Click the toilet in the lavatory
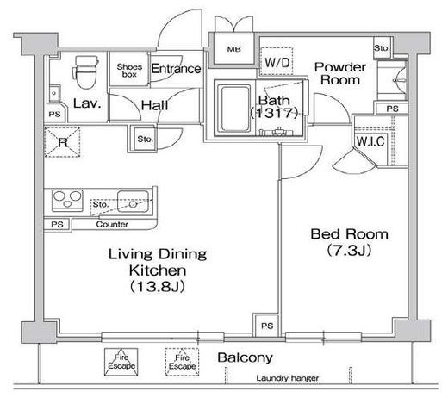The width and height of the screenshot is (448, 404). [x=85, y=72]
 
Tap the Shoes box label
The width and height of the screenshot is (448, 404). [x=129, y=71]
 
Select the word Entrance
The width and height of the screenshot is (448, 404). [x=176, y=69]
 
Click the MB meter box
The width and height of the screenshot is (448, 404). [x=234, y=49]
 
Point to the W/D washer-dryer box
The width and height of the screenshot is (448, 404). [x=277, y=62]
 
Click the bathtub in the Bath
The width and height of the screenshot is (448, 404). [x=235, y=109]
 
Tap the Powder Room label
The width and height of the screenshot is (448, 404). [x=340, y=73]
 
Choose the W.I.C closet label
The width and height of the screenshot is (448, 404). [x=370, y=141]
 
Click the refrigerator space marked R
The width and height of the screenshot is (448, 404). [x=62, y=142]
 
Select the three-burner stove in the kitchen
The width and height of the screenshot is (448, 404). [x=67, y=201]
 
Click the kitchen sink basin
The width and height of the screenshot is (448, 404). [x=133, y=202]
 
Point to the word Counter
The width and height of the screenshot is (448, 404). [x=112, y=224]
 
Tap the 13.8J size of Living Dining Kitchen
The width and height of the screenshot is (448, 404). [x=158, y=287]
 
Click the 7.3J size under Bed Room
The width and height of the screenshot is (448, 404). [x=349, y=250]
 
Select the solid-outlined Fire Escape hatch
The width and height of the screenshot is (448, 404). [x=121, y=362]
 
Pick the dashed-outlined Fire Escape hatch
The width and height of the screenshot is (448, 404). [x=182, y=362]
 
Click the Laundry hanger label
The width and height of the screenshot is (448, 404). [x=288, y=378]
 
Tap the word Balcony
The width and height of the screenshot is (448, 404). [x=245, y=357]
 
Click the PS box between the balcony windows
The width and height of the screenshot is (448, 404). [x=267, y=326]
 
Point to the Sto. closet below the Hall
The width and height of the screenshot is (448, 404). [x=145, y=140]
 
